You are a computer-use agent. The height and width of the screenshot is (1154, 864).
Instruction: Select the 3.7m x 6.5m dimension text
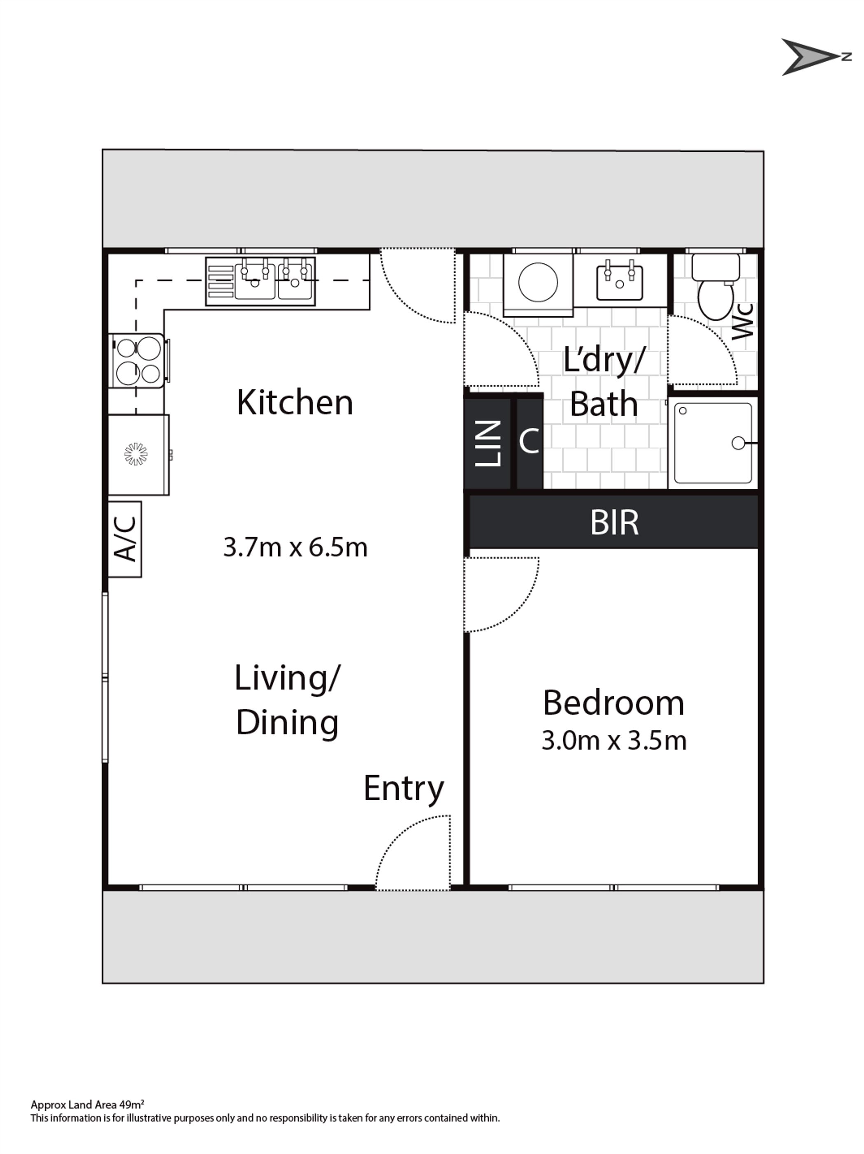click(295, 547)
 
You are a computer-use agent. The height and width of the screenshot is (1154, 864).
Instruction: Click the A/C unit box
click(125, 539)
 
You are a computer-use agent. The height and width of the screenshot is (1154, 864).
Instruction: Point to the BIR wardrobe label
click(614, 522)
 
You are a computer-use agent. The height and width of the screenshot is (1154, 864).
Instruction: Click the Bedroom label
click(613, 703)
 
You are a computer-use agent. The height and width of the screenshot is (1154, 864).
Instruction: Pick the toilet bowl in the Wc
click(715, 299)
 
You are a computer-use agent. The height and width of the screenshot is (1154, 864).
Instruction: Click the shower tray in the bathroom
click(713, 443)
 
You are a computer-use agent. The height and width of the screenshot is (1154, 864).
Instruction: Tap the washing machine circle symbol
click(538, 282)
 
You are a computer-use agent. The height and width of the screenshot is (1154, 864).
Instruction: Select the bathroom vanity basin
click(619, 282)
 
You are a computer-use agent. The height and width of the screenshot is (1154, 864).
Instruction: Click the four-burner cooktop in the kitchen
click(138, 360)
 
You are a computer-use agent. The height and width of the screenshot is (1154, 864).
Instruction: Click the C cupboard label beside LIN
click(529, 441)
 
